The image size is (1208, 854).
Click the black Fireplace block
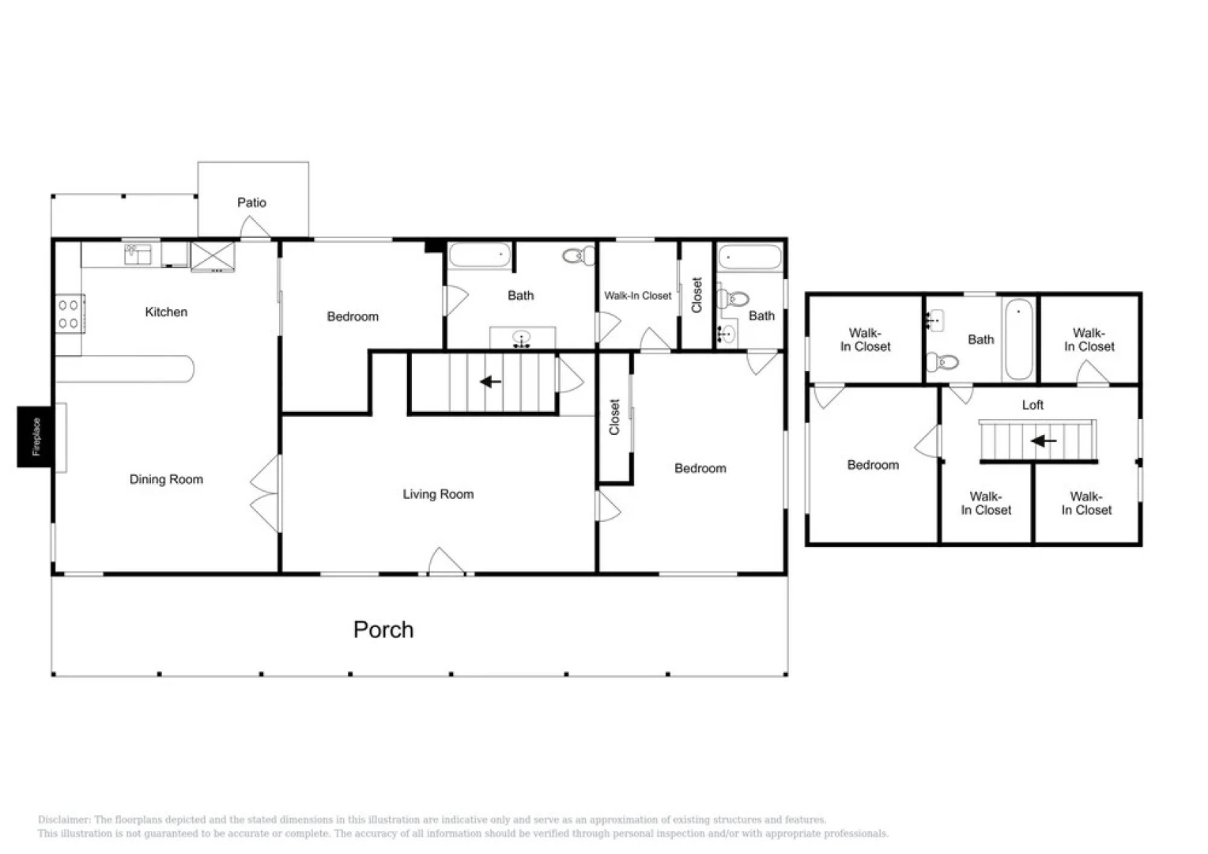[x=36, y=436]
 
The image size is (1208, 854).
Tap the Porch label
[x=383, y=629]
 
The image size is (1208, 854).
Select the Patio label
[x=251, y=202]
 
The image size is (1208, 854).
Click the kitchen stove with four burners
[x=69, y=313]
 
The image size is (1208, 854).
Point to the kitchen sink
[x=138, y=255]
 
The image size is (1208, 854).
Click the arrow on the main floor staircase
[x=491, y=382]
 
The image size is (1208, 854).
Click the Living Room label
[x=438, y=494]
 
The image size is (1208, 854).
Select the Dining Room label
[x=166, y=479]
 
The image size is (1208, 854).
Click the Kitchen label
[x=166, y=312]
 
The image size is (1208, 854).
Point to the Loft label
[x=1032, y=405]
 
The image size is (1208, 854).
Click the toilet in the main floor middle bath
[x=580, y=255]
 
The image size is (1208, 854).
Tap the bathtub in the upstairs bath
[x=1018, y=339]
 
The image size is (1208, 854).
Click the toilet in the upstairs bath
[x=944, y=362]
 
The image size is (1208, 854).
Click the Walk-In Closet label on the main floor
[x=637, y=296]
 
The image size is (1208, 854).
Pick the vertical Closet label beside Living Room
[x=614, y=417]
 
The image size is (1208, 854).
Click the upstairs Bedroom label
[x=873, y=465]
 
